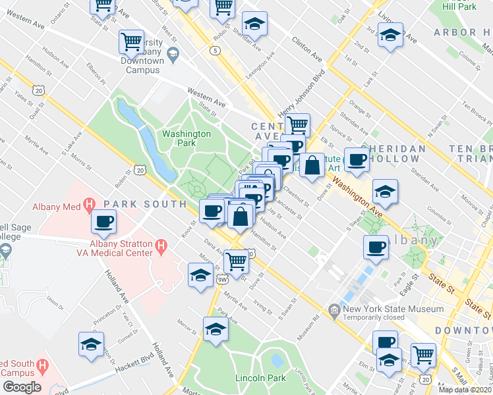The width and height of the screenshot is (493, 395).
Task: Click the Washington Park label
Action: (187, 138)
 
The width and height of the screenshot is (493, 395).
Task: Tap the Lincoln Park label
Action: (260, 378)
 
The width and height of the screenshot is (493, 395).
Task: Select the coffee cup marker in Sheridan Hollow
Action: (357, 159)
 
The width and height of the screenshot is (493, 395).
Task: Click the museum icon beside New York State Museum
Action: (335, 309)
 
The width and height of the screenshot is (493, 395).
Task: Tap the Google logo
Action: (22, 386)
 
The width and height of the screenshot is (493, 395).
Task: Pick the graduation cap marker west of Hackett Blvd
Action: (91, 344)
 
